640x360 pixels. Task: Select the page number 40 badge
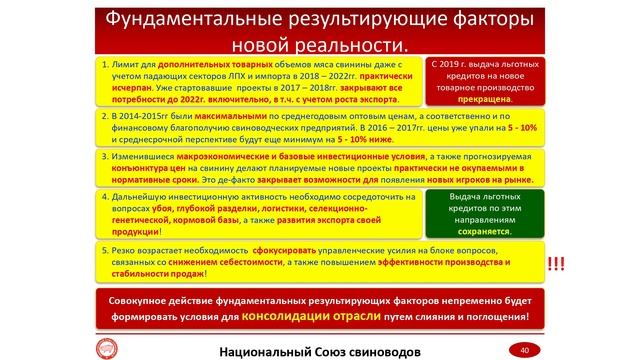[x=524, y=350]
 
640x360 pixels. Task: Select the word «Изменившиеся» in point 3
[x=142, y=158]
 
